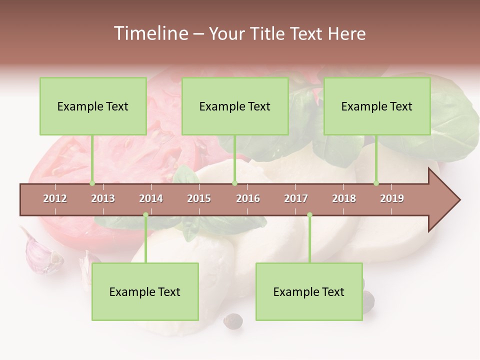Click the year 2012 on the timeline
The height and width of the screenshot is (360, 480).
(x=55, y=198)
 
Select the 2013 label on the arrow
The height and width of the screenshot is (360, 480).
(x=103, y=198)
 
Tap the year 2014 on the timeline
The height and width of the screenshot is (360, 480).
(x=151, y=198)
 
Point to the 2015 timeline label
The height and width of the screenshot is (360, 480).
(x=199, y=198)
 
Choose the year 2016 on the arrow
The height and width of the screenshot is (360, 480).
(x=248, y=198)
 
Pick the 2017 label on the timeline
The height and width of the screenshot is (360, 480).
(x=296, y=198)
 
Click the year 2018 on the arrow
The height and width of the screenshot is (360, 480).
(x=344, y=198)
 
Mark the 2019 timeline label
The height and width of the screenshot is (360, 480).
(x=392, y=198)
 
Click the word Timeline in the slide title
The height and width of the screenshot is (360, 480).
(x=149, y=33)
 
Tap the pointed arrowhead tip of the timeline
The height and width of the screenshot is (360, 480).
(x=458, y=200)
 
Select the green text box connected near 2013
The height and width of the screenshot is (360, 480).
(x=93, y=106)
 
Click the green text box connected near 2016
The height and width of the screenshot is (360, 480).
(x=235, y=106)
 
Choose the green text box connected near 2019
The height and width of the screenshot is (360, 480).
(x=377, y=106)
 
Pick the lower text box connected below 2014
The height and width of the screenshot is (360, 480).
(x=145, y=291)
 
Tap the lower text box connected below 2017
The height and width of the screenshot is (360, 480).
(x=309, y=291)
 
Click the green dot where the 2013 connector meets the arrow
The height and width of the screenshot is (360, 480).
(x=92, y=183)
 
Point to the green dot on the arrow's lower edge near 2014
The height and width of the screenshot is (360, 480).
(x=145, y=215)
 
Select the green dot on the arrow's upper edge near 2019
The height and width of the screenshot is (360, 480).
(x=376, y=183)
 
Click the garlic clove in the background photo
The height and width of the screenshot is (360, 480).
(x=42, y=252)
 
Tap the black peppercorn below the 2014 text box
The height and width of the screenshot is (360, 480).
(x=232, y=320)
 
